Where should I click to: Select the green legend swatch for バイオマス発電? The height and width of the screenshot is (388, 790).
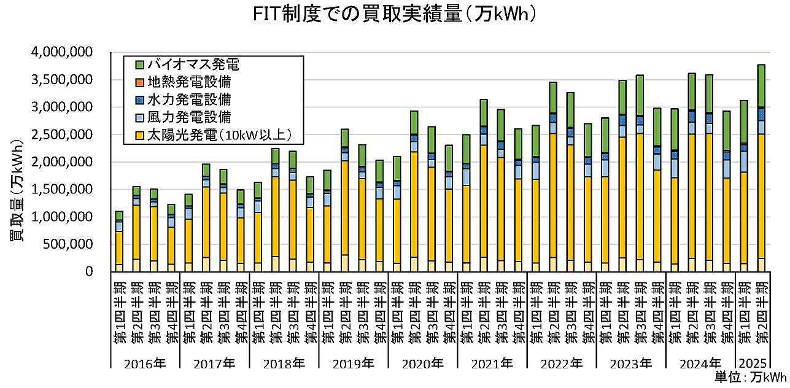139,64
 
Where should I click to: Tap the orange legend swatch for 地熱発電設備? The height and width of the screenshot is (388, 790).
139,81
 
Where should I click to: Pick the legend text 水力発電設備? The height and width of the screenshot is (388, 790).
188,99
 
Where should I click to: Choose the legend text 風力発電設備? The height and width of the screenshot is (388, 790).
188,116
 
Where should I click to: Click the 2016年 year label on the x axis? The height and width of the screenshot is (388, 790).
145,363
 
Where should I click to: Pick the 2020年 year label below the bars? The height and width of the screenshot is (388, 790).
423,363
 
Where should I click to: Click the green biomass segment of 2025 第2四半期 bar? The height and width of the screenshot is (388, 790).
762,86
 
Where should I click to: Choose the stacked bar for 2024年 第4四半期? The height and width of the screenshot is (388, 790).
727,196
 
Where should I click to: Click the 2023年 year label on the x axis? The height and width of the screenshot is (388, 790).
632,363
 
